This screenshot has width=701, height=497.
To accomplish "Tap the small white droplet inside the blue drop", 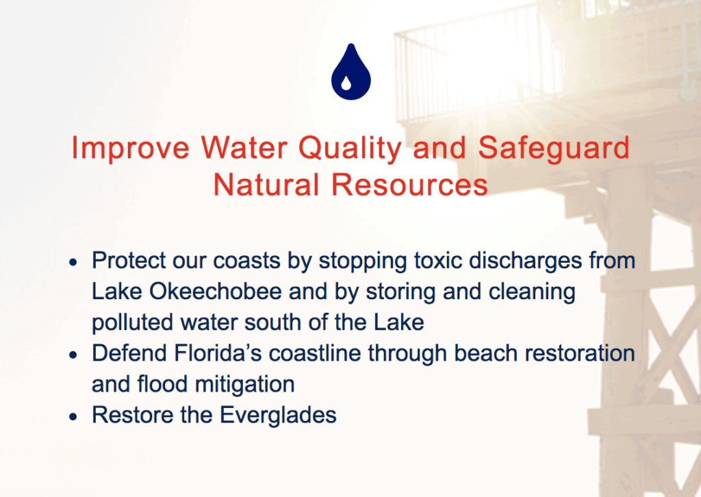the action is (346, 83).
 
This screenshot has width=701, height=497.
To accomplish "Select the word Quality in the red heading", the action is (350, 149).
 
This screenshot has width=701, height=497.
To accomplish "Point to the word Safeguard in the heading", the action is (554, 149).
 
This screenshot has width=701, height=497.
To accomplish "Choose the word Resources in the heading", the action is (409, 185).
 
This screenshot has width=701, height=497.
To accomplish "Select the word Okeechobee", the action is (216, 292).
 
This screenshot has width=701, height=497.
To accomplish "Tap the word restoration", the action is (580, 353).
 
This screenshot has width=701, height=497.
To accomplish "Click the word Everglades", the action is (278, 416).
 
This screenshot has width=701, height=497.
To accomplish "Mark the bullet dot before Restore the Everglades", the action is (73, 417).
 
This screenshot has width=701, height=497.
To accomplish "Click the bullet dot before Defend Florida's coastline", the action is (73, 355).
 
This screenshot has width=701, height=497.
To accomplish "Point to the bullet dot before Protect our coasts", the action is (73, 263).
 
